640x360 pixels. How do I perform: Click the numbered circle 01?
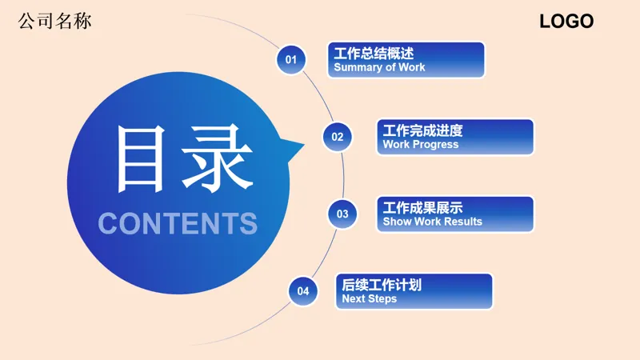point(291,59)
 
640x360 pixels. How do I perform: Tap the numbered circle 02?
point(338,136)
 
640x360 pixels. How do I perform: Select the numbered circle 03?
point(342,214)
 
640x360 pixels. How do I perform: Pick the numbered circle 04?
point(302,291)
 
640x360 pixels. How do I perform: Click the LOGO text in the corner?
point(566,22)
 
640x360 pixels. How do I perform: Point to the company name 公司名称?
point(54,21)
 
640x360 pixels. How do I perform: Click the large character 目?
point(146,158)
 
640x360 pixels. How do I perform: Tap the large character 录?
point(213,158)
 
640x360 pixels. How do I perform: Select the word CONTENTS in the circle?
point(178,223)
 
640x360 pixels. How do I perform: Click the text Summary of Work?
point(379,68)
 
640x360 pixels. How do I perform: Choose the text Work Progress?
point(421,145)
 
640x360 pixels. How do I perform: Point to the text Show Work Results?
point(432,222)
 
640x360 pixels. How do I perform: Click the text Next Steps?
point(369,299)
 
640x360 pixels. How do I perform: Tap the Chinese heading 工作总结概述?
point(374,54)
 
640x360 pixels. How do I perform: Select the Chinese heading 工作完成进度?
point(422,130)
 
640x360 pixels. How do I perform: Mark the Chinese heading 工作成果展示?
point(422,207)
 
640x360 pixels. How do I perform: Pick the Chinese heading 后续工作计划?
point(382,285)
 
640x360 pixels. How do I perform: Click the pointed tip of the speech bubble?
point(304,146)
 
